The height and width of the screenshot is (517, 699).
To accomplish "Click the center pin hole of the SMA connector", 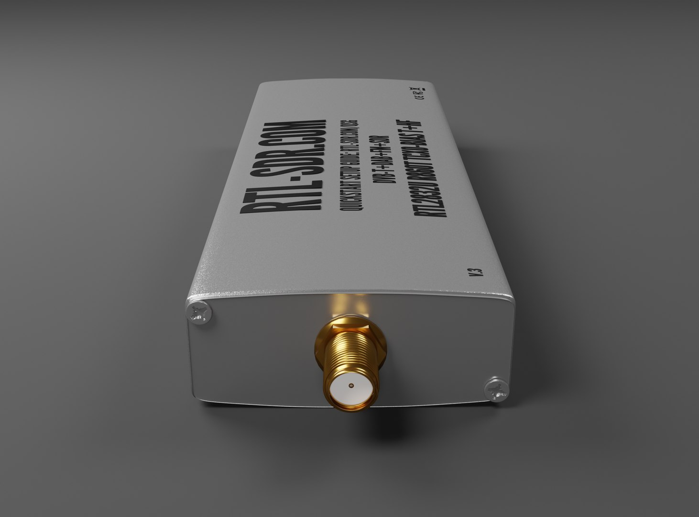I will tap(351, 385).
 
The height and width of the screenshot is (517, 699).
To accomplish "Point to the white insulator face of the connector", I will tap(351, 386).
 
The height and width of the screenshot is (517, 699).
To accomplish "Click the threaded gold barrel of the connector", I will tap(351, 357).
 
